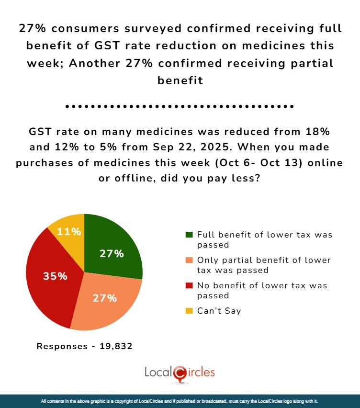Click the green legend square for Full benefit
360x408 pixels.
coord(189,235)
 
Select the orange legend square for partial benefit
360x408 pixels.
coord(189,261)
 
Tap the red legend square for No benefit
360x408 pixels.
coord(189,285)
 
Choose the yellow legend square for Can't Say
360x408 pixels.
coord(189,311)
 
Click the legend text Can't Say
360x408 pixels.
coord(219,311)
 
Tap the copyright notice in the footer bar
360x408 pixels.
coord(180,401)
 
